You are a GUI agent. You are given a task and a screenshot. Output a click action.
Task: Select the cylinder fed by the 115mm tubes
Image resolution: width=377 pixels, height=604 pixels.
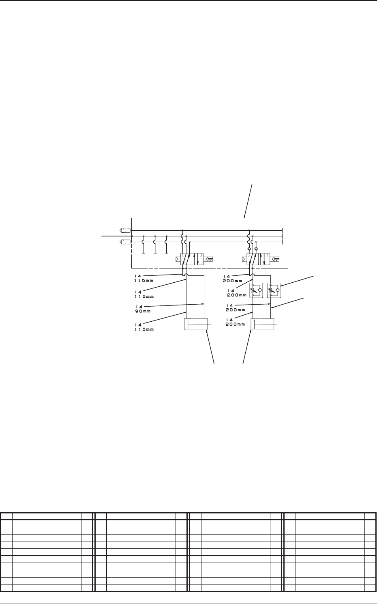(x=196, y=325)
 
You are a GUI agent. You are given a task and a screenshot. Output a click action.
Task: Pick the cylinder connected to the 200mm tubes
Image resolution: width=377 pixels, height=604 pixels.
(x=263, y=325)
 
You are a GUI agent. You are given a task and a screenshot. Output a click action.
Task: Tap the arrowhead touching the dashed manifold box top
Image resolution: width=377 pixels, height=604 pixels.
(x=245, y=216)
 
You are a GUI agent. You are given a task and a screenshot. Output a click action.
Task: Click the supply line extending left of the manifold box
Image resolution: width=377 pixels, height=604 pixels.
(x=116, y=236)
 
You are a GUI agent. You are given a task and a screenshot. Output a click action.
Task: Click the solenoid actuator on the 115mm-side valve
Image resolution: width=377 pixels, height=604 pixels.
(x=210, y=259)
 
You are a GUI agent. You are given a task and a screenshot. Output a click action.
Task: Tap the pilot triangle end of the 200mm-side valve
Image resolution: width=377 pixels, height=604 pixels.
(x=244, y=259)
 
